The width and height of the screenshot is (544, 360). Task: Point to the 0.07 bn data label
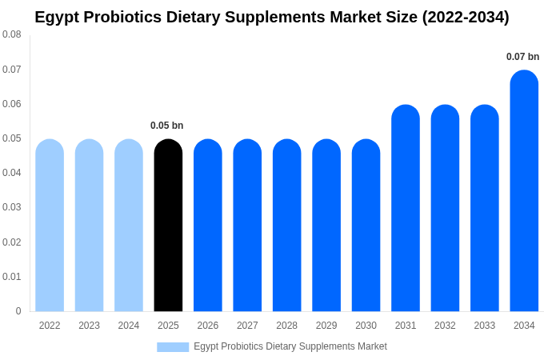522,57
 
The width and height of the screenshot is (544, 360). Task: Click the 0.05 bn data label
166,126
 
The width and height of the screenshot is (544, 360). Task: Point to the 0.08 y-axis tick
11,34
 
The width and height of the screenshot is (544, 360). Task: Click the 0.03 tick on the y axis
11,207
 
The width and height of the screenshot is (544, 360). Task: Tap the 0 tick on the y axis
18,311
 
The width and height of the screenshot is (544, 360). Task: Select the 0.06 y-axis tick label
11,104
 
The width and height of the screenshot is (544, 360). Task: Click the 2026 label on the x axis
208,326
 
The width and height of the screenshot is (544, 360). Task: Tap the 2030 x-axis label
366,326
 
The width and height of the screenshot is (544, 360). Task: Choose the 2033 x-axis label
485,326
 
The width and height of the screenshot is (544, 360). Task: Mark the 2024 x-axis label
129,326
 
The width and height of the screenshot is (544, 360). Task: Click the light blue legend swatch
173,347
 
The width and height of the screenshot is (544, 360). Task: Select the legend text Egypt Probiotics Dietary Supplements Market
290,346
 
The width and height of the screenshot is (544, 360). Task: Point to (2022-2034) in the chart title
465,17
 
